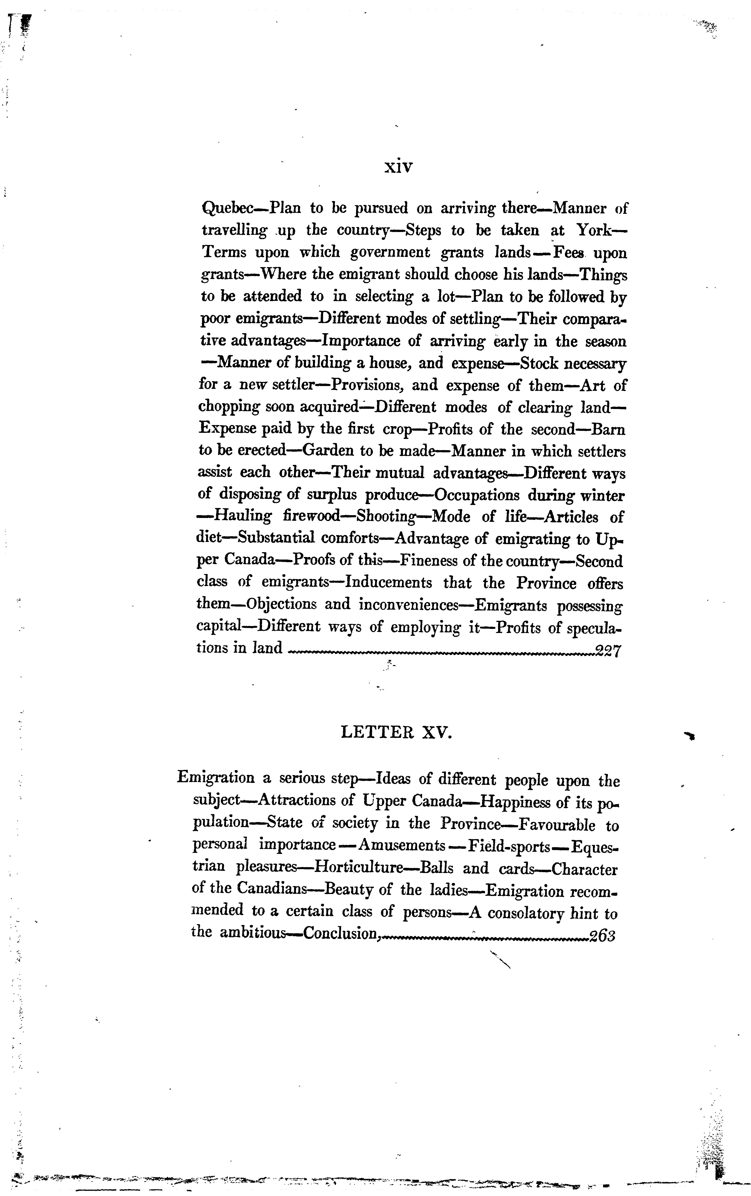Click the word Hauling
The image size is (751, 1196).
(242, 517)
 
